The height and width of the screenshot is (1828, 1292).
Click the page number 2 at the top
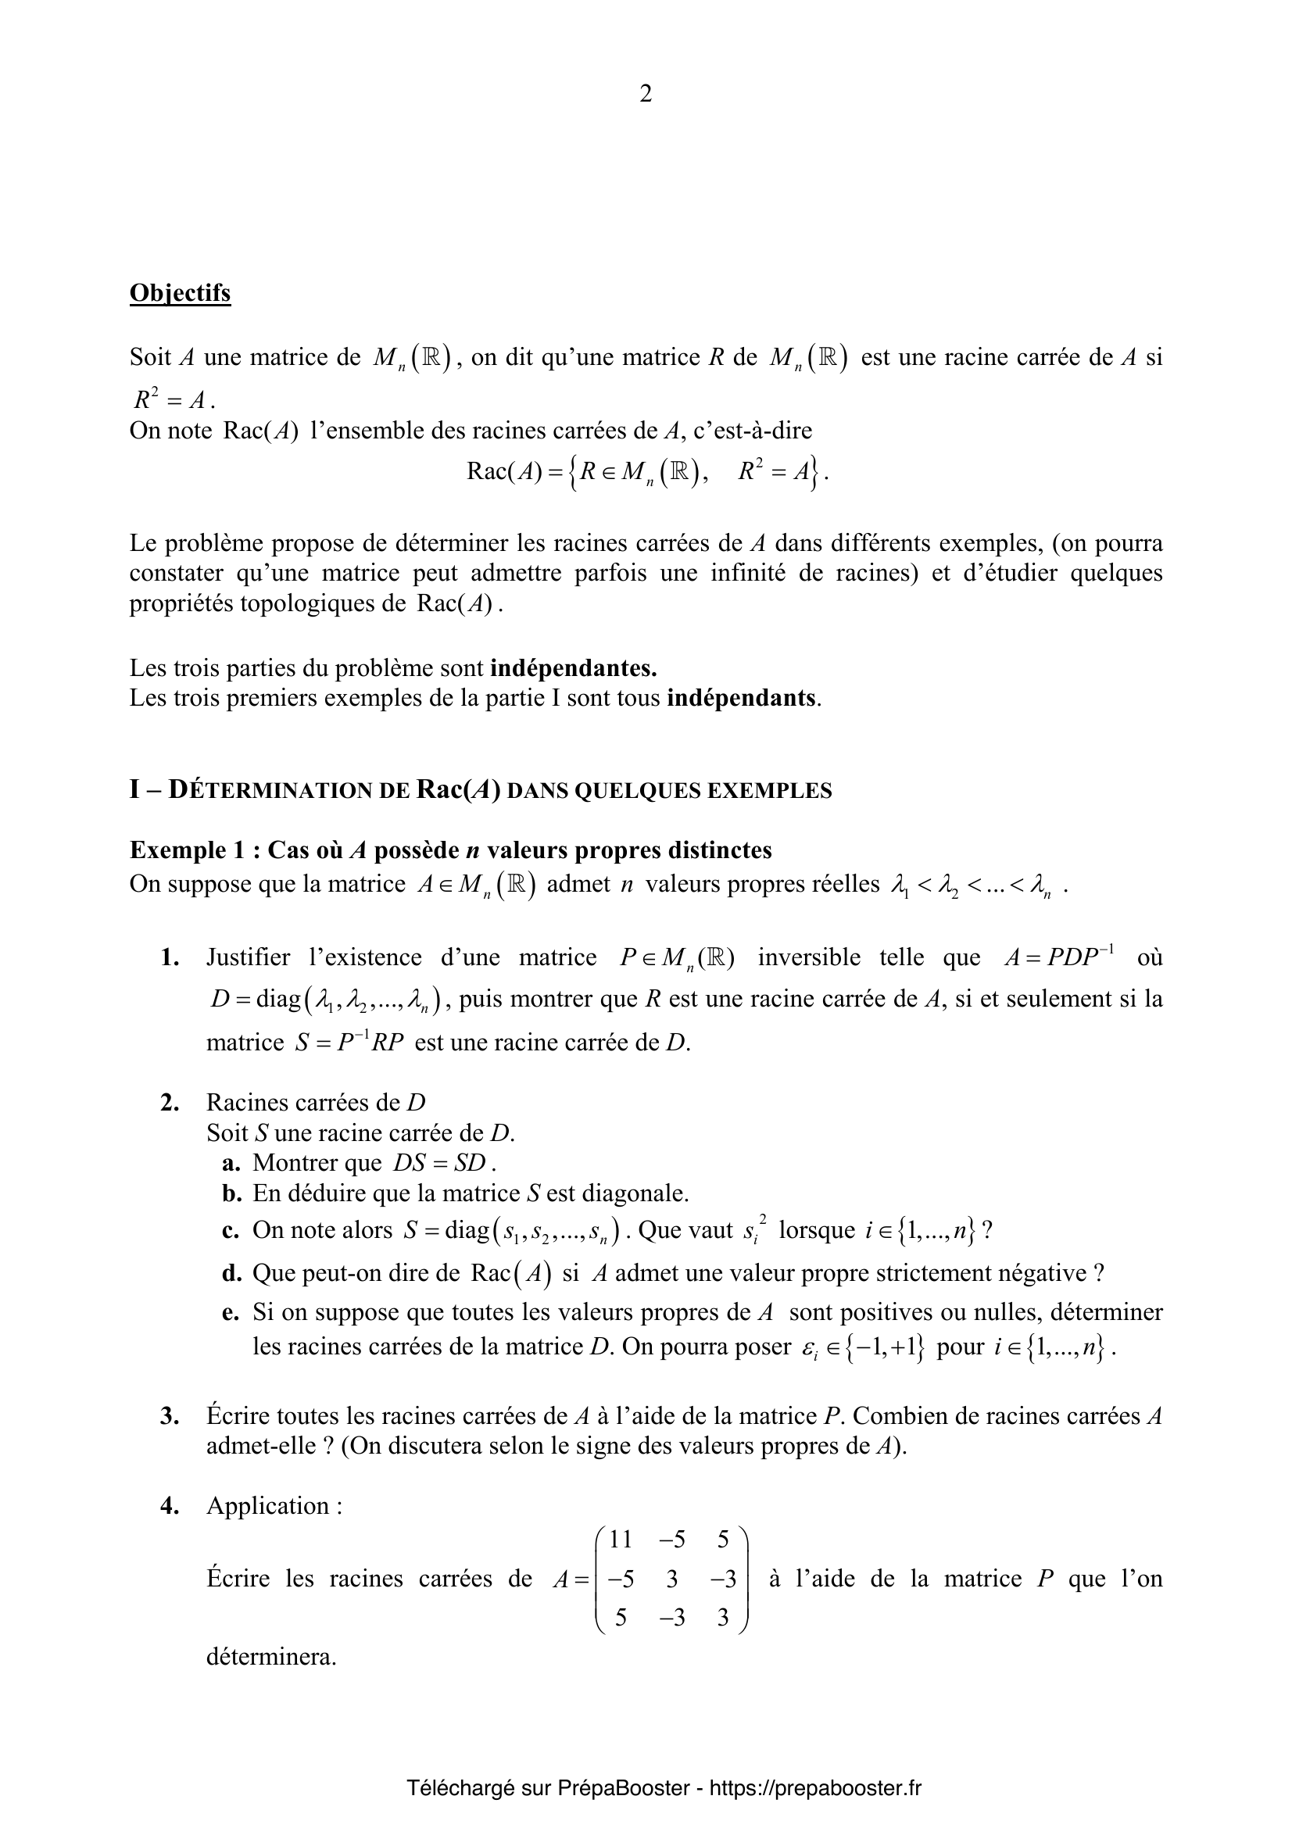646,94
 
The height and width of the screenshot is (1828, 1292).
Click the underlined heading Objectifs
180,293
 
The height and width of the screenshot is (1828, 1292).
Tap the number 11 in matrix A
619,1540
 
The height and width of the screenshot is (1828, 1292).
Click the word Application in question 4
267,1505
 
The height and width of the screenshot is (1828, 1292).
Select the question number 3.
169,1416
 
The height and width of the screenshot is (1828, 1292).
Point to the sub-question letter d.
231,1273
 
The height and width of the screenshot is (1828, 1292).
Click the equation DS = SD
439,1163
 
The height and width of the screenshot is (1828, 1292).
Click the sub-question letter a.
231,1163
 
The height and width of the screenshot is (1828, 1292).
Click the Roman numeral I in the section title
134,790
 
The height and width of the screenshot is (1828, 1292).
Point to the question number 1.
169,958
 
